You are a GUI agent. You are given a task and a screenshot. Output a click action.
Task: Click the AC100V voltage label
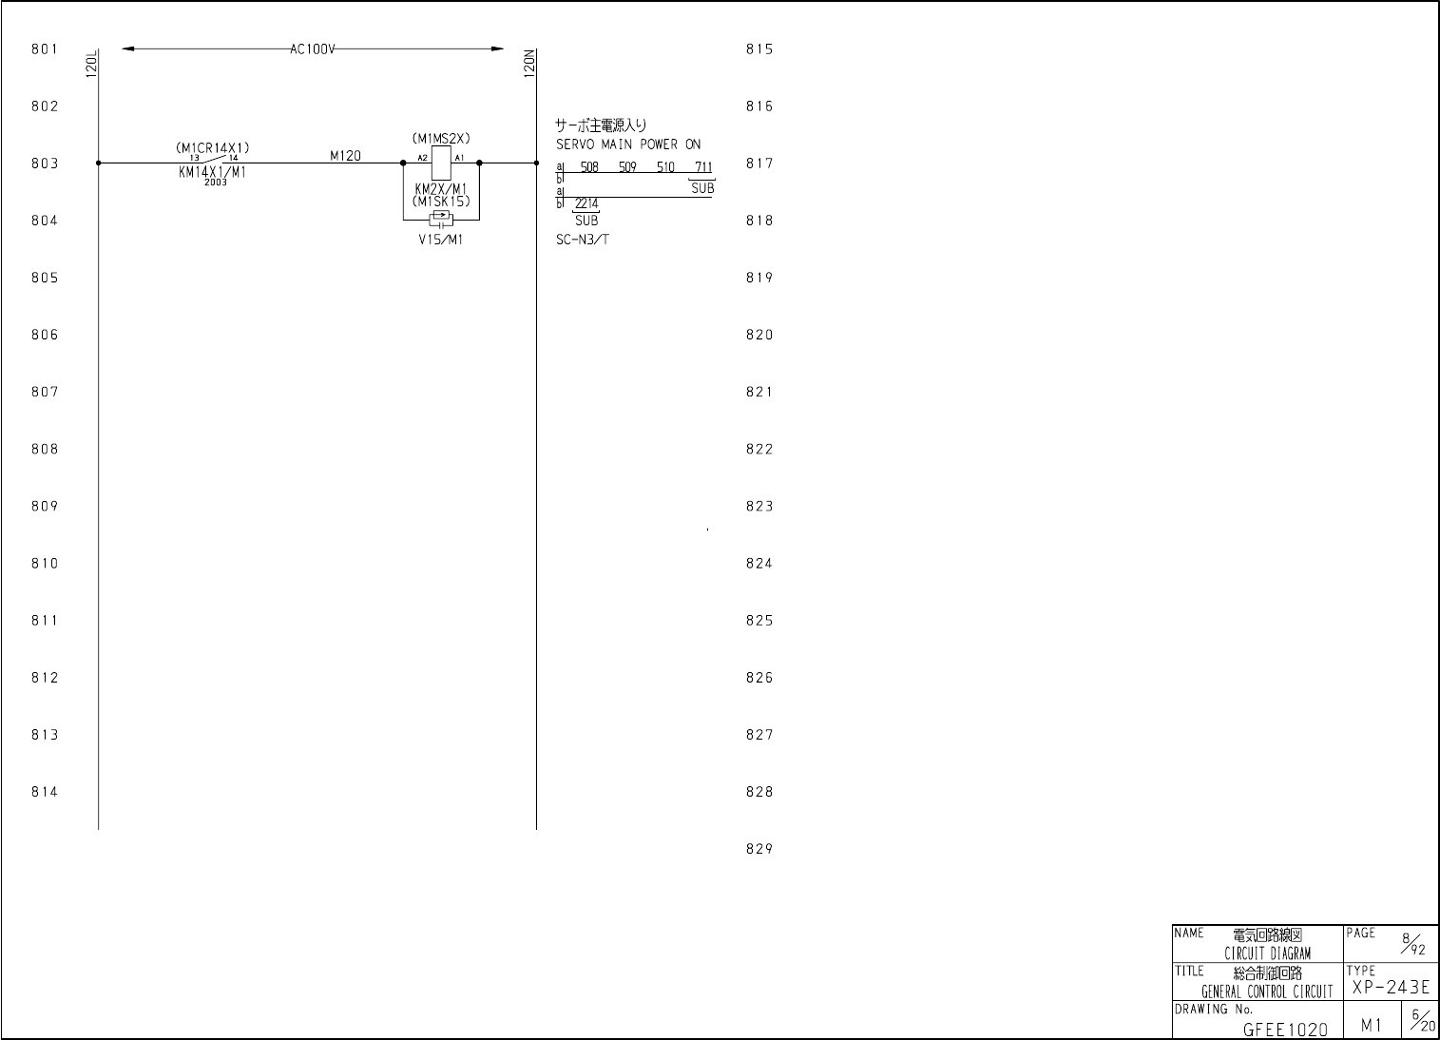pyautogui.click(x=313, y=49)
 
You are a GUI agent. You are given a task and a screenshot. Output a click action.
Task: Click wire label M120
pyautogui.click(x=345, y=156)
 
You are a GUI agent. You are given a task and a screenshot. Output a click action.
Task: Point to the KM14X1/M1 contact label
pyautogui.click(x=212, y=172)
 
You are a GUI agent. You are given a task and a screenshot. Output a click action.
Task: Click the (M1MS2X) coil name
pyautogui.click(x=441, y=139)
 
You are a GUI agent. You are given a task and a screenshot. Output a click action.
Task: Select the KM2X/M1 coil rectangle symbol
pyautogui.click(x=441, y=164)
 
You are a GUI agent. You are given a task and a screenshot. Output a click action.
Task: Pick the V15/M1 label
pyautogui.click(x=441, y=240)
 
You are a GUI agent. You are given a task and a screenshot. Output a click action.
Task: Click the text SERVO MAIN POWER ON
pyautogui.click(x=628, y=144)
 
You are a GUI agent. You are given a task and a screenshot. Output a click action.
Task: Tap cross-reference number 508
pyautogui.click(x=589, y=168)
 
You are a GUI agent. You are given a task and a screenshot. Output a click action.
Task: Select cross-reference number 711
pyautogui.click(x=703, y=168)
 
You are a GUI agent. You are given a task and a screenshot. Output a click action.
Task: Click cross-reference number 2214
pyautogui.click(x=586, y=203)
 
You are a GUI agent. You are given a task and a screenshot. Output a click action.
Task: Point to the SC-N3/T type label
pyautogui.click(x=583, y=240)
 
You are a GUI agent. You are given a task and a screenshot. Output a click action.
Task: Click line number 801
pyautogui.click(x=45, y=49)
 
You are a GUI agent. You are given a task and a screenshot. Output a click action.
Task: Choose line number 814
pyautogui.click(x=45, y=792)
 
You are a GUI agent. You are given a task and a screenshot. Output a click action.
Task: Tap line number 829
pyautogui.click(x=758, y=850)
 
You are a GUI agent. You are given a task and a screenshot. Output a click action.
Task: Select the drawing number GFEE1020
pyautogui.click(x=1285, y=1029)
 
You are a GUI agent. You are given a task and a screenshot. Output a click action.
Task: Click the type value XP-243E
pyautogui.click(x=1390, y=988)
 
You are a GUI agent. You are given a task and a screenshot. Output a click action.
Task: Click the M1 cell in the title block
pyautogui.click(x=1371, y=1025)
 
